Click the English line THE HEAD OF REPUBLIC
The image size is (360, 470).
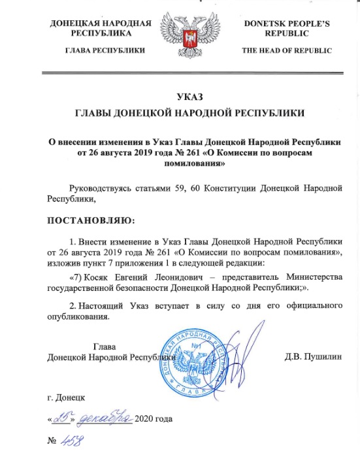click(286, 50)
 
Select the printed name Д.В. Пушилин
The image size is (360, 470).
click(314, 358)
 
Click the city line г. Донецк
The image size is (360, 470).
click(65, 397)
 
